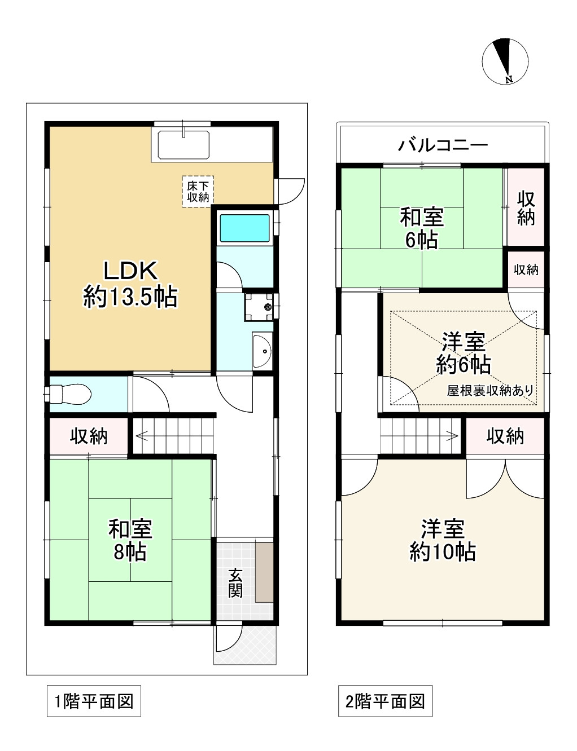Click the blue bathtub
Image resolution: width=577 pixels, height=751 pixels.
(x=244, y=227)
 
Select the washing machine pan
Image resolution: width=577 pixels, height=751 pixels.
(x=259, y=307)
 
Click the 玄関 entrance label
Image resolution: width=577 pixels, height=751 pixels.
(x=235, y=582)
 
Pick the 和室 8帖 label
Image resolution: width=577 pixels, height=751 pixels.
(x=130, y=540)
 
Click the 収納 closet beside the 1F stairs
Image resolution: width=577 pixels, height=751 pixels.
(x=89, y=436)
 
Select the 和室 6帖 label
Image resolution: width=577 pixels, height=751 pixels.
(x=421, y=228)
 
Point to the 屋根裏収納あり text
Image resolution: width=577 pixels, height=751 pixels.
(x=489, y=390)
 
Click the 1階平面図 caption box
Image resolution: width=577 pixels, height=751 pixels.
(x=94, y=701)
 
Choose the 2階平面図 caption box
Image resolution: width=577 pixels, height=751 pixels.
(x=385, y=701)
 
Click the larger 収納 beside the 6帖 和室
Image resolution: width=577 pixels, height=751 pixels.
(x=526, y=207)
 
